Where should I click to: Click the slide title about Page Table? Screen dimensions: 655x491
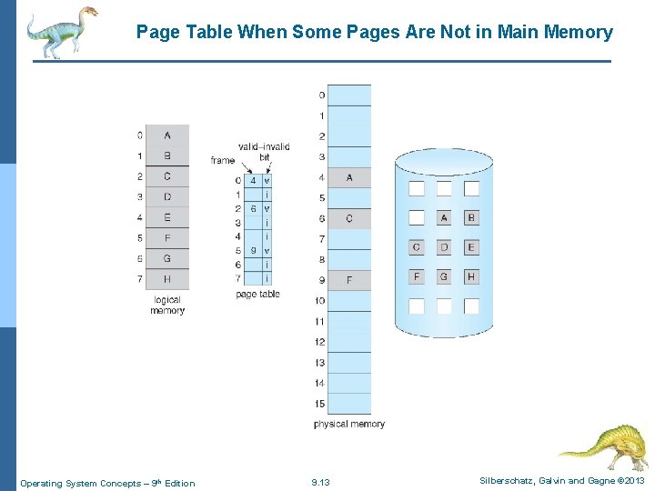coord(374,33)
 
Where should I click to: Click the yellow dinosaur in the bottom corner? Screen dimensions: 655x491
coord(604,446)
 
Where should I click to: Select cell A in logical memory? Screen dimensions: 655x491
coord(167,135)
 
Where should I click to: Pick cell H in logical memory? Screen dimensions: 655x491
coord(167,279)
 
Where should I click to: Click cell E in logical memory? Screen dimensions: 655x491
coord(167,217)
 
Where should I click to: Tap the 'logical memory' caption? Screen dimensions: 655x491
coord(167,305)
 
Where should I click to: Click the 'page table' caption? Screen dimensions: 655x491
coord(257,295)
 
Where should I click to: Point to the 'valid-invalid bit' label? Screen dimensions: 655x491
coord(264,152)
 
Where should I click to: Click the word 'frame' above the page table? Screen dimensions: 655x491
coord(223,161)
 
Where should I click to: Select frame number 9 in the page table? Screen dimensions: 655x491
coord(252,250)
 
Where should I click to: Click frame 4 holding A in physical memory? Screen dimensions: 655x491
coord(349,177)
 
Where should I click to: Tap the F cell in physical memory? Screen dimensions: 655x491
coord(349,280)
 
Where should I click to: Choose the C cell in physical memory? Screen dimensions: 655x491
coord(349,218)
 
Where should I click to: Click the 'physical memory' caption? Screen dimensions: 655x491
coord(349,424)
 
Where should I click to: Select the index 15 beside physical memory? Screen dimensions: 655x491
coord(319,404)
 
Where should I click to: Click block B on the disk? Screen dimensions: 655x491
coord(471,218)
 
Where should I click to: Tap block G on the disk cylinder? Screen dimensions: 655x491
coord(444,276)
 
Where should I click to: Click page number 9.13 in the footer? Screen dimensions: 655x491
coord(320,482)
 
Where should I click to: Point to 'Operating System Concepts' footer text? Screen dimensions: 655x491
coord(107,483)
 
